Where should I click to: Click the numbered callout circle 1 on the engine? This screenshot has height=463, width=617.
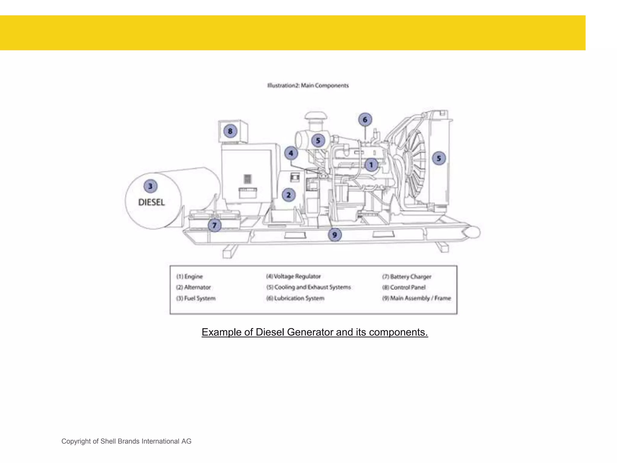371,165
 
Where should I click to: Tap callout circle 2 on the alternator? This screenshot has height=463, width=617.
289,195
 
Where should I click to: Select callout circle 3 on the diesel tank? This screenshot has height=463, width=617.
150,186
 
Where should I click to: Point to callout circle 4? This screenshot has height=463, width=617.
291,153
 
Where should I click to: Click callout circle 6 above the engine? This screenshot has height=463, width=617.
365,120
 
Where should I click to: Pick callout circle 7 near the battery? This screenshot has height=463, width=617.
215,225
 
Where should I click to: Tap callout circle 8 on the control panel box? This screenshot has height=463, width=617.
230,131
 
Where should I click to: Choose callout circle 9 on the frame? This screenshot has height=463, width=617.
335,235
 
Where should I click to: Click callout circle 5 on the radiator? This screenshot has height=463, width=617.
439,158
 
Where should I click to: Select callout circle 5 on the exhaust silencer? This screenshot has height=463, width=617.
318,140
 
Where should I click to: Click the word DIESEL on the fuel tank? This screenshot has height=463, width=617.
152,202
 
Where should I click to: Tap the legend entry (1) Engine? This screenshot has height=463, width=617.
189,276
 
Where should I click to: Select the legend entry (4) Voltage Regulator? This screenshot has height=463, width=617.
293,276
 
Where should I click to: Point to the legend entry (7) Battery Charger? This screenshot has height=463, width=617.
407,276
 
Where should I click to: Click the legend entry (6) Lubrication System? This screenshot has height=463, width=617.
295,298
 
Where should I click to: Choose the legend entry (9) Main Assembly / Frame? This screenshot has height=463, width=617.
417,298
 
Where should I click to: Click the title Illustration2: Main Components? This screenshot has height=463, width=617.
308,86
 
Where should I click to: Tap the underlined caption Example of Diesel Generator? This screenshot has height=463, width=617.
315,332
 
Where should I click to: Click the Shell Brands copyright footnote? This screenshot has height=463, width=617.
126,441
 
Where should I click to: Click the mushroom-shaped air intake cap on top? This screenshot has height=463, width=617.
315,116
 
